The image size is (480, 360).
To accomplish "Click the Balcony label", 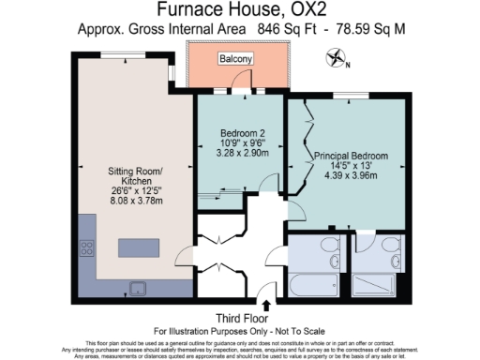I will pyautogui.click(x=236, y=59).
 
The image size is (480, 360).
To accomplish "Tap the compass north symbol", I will pyautogui.click(x=336, y=60).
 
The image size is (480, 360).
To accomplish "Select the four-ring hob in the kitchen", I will pyautogui.click(x=88, y=248).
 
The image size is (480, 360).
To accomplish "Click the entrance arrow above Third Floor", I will pyautogui.click(x=268, y=305).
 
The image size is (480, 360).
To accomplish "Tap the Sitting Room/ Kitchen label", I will pyautogui.click(x=137, y=175).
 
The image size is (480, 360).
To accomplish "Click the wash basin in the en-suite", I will pyautogui.click(x=360, y=246).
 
